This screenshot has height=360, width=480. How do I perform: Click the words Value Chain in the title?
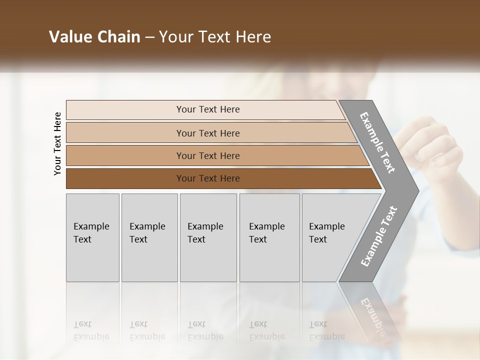click(x=94, y=37)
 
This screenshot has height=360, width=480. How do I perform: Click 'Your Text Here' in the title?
click(x=215, y=37)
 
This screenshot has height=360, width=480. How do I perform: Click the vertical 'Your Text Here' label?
click(x=57, y=143)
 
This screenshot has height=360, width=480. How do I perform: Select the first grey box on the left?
click(x=92, y=237)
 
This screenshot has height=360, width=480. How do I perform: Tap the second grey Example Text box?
click(x=149, y=237)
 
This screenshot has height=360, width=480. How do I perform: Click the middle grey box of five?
click(x=208, y=237)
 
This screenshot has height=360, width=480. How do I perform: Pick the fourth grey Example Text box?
click(x=269, y=237)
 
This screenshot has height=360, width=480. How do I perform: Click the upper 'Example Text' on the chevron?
click(x=377, y=142)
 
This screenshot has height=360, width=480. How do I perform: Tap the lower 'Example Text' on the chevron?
click(x=378, y=236)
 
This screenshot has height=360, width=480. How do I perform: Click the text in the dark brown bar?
click(x=208, y=178)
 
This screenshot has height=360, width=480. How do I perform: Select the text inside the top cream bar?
click(x=208, y=109)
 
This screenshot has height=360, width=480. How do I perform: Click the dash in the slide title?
click(x=149, y=37)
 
